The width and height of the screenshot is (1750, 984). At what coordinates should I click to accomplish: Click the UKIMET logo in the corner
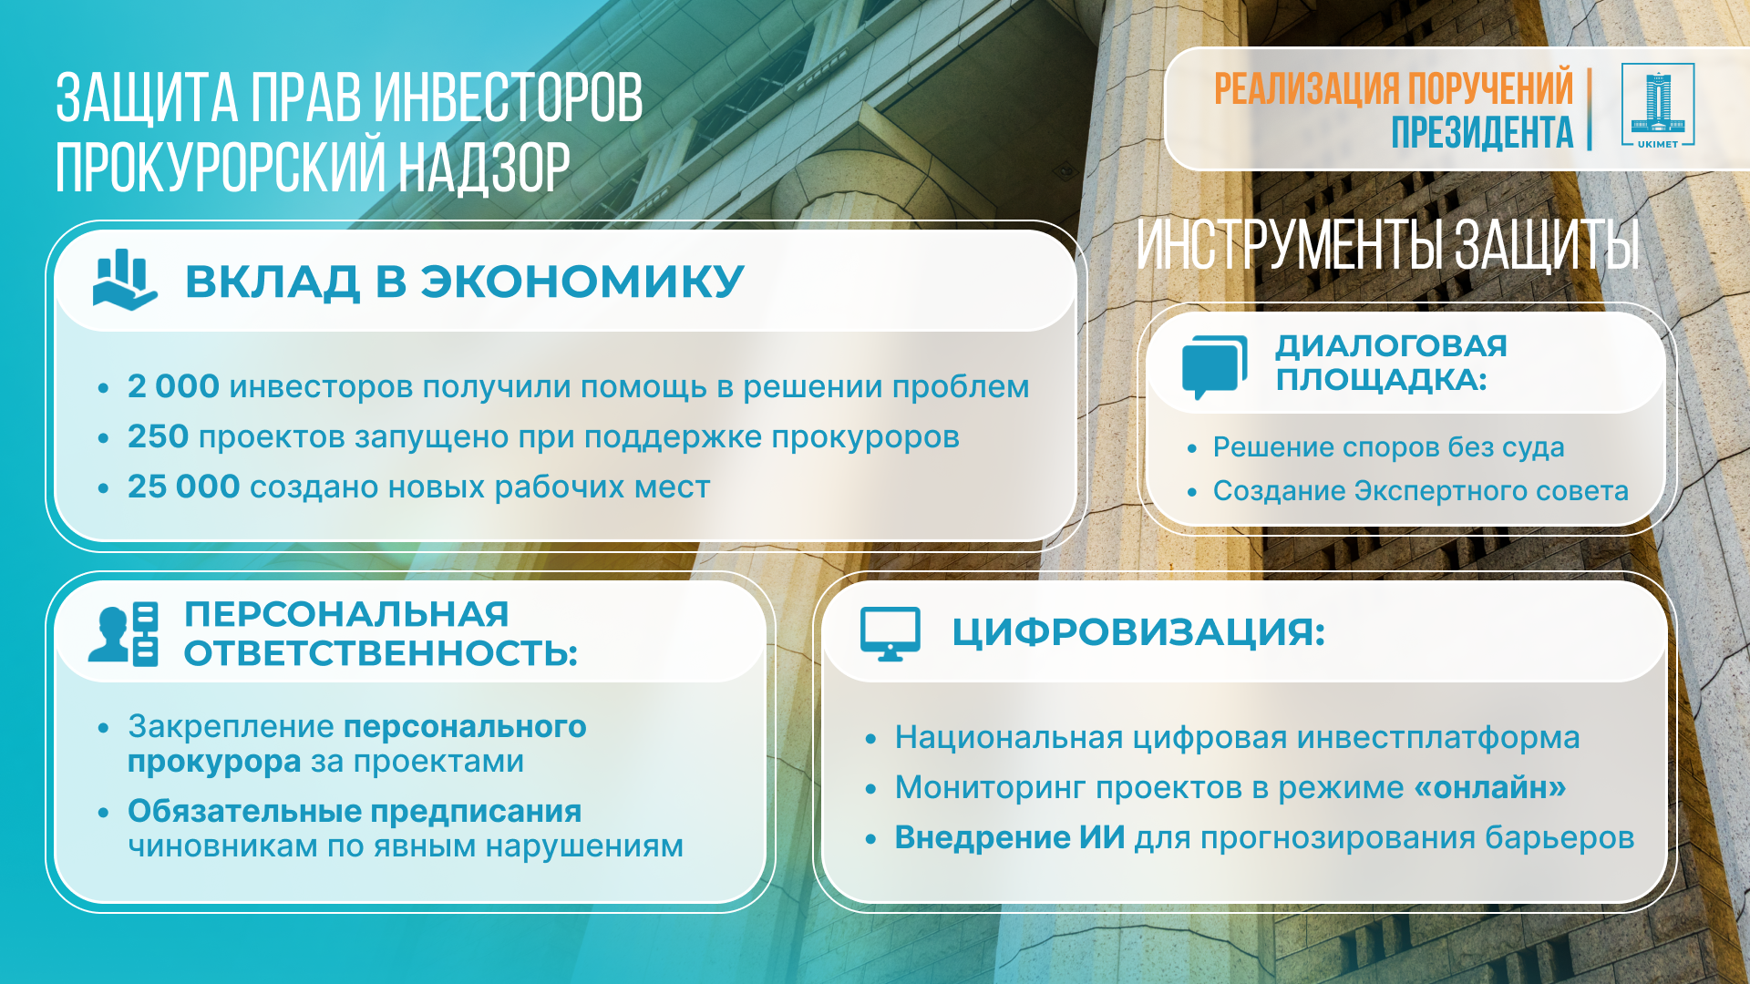pos(1658,106)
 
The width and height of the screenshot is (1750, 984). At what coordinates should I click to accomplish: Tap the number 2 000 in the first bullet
pos(173,386)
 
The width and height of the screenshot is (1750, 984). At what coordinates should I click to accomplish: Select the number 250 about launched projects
pos(158,436)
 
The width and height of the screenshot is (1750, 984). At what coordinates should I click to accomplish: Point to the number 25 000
pos(183,487)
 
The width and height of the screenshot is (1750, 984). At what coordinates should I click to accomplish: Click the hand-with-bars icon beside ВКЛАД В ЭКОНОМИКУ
pos(125,280)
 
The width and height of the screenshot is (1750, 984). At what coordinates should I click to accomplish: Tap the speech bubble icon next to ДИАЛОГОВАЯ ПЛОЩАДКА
pos(1214,367)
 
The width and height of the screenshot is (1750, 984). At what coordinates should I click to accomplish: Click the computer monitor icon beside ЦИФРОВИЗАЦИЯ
pos(890,633)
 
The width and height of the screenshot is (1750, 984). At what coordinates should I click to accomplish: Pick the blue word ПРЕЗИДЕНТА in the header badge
pos(1482,132)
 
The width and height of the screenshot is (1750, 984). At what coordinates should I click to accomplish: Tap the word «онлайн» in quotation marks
pos(1490,787)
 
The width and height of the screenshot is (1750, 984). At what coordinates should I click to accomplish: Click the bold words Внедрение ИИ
pos(1010,837)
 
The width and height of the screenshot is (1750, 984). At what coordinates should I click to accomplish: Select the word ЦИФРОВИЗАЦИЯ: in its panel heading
pos(1138,631)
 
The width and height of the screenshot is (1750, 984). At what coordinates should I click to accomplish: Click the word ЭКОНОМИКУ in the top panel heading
pos(582,281)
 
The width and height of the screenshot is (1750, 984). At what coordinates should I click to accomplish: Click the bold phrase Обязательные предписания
pos(355,811)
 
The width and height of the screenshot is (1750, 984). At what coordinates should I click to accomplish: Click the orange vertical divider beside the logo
pos(1589,108)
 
